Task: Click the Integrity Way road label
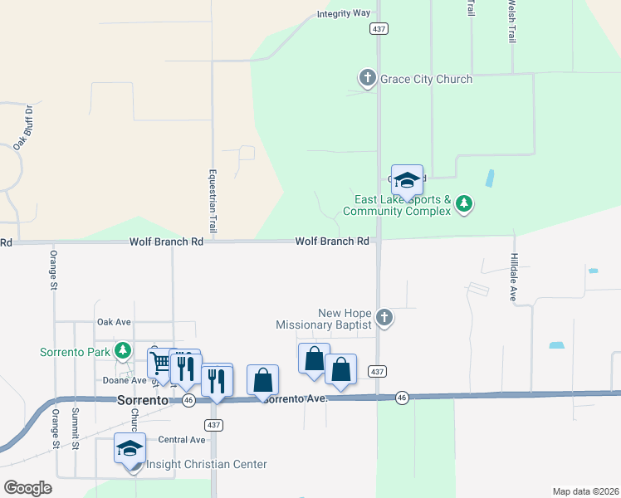pos(343,13)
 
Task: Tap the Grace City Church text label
pos(426,80)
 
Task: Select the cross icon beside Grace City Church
pos(367,79)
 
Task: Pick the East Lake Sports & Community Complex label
pos(403,205)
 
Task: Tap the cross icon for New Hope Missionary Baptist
pos(384,317)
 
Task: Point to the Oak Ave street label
pos(115,321)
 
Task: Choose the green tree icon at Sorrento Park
pos(123,351)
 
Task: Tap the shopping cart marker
pos(159,363)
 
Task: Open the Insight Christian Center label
pos(206,465)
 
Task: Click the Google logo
pos(27,488)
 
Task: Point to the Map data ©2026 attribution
pos(586,491)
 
